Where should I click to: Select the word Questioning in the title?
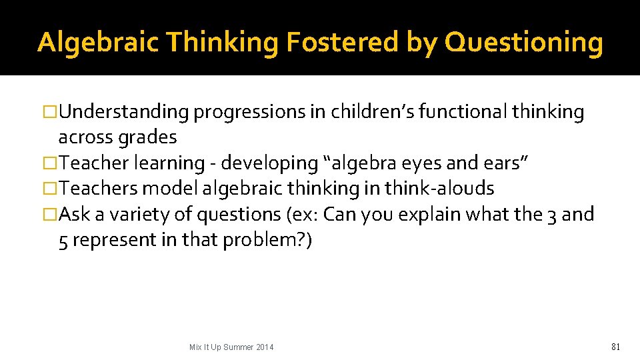[x=523, y=42]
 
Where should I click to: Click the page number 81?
[x=615, y=347]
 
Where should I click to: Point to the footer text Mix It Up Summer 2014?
[x=231, y=347]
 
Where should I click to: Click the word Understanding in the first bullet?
[x=124, y=113]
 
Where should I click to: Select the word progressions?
[x=249, y=113]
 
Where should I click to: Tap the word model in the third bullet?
[x=171, y=189]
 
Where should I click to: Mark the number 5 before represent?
[x=63, y=240]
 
